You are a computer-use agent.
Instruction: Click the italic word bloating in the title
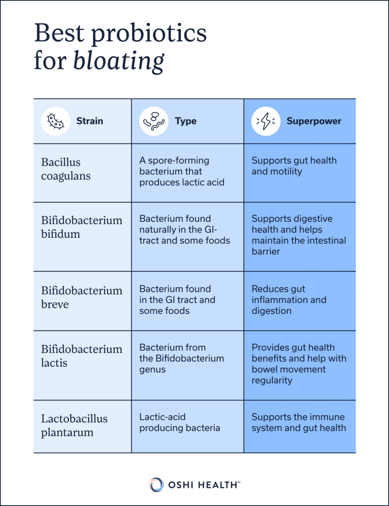(x=118, y=61)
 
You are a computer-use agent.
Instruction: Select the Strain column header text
(x=89, y=121)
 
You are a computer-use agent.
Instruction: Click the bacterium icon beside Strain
(x=56, y=121)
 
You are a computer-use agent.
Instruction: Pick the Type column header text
(x=185, y=121)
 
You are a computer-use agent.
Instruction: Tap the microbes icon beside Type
(x=154, y=121)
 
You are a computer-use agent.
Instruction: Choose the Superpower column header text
(x=314, y=121)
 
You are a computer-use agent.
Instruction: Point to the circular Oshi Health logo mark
(x=156, y=484)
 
